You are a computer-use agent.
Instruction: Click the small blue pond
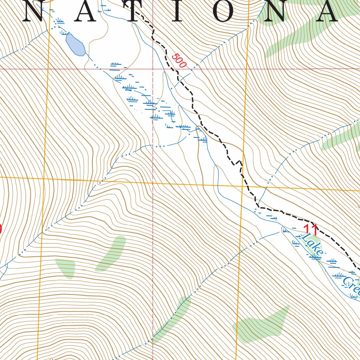75,45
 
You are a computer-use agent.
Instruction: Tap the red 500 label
179,61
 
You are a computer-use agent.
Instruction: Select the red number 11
311,230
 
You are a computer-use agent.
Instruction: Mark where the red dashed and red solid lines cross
153,69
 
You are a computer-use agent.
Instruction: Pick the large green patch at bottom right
262,325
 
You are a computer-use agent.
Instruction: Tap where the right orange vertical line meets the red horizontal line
246,69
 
